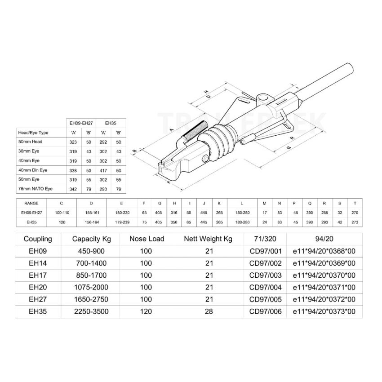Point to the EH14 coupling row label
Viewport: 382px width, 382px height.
click(x=38, y=263)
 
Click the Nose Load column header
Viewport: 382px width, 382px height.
click(x=146, y=239)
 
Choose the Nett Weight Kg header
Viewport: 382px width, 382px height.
click(x=208, y=239)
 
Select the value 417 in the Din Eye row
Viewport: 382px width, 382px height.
click(x=104, y=170)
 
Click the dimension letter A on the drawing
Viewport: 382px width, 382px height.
click(x=171, y=129)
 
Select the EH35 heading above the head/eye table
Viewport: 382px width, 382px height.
click(x=111, y=122)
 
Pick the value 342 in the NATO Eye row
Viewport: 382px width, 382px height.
click(x=73, y=189)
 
